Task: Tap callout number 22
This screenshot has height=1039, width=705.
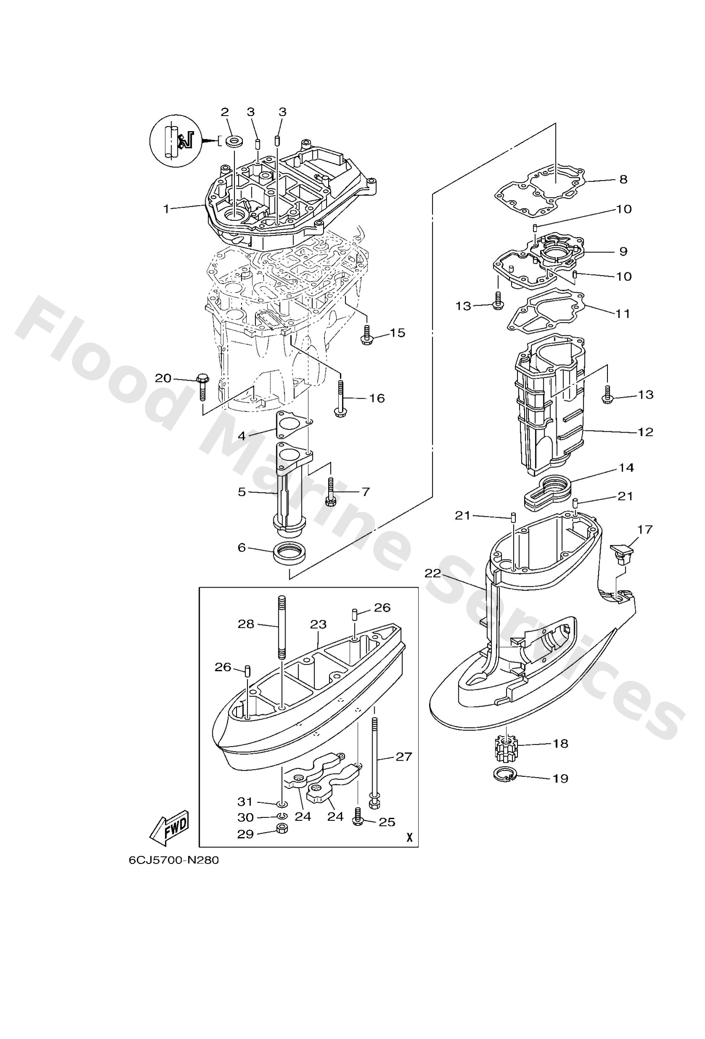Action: pyautogui.click(x=432, y=573)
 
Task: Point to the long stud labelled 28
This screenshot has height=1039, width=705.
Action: pyautogui.click(x=281, y=627)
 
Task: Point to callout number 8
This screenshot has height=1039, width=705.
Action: pyautogui.click(x=623, y=179)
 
